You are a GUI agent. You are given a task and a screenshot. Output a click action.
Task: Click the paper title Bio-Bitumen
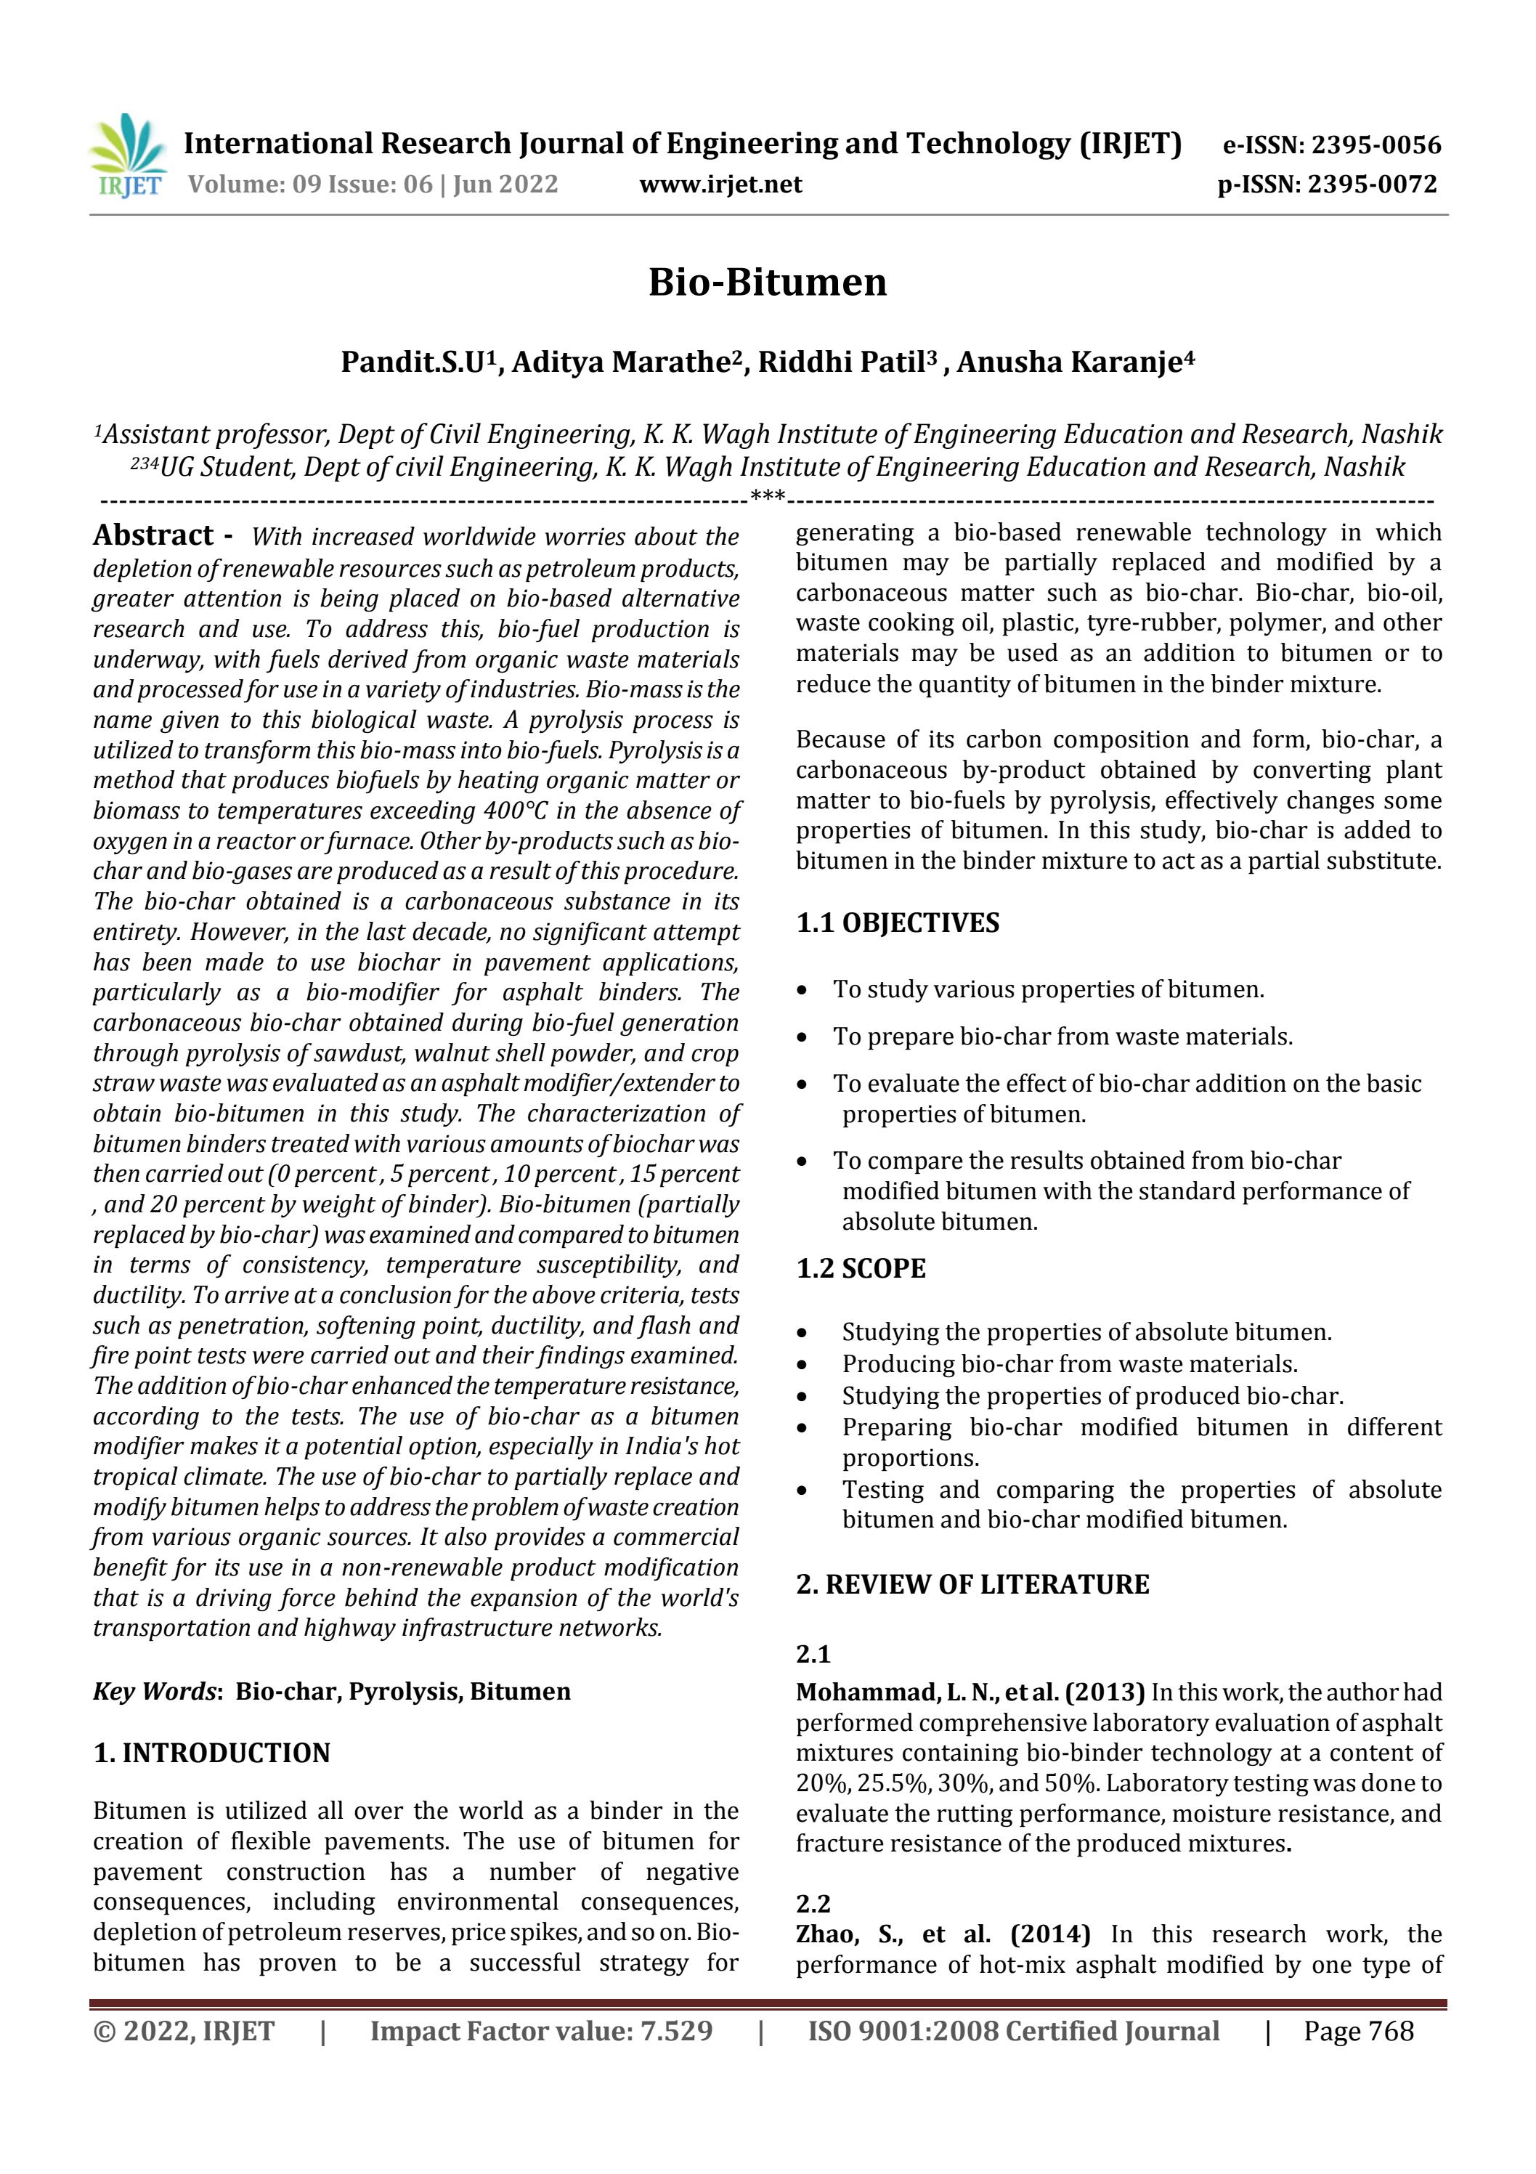[767, 282]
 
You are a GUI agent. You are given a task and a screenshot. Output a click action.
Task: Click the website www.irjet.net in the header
[720, 184]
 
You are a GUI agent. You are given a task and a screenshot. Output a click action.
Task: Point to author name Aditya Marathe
[626, 362]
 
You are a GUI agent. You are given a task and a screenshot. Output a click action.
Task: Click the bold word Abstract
[153, 535]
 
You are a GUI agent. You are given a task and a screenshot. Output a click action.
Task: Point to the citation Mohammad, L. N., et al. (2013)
[970, 1691]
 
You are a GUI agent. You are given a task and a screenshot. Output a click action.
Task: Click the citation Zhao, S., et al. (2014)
[942, 1934]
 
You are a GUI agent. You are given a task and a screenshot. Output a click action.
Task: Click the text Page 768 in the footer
[1358, 2030]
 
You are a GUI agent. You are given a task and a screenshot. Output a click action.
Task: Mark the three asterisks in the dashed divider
[766, 496]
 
